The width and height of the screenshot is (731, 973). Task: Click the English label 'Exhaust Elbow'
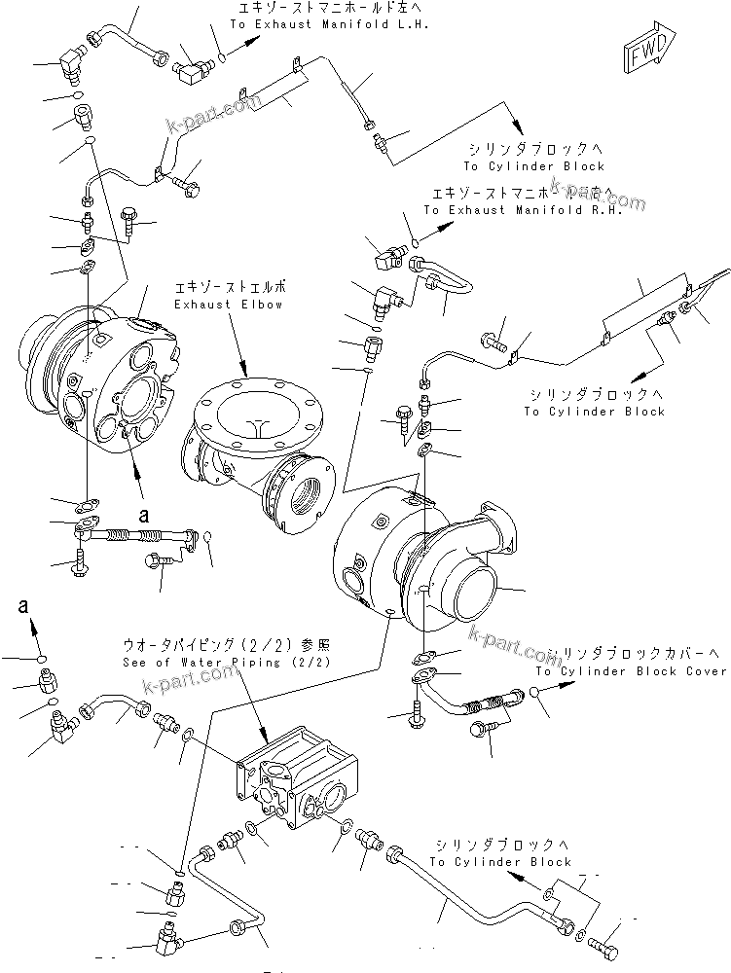(x=229, y=305)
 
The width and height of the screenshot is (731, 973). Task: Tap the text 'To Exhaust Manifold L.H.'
(x=329, y=24)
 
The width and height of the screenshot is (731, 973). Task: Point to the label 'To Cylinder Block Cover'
(x=631, y=671)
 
